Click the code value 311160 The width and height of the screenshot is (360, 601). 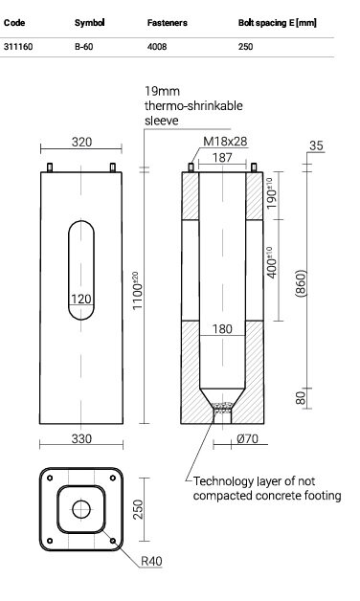pyautogui.click(x=18, y=47)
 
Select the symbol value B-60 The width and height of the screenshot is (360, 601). pyautogui.click(x=83, y=47)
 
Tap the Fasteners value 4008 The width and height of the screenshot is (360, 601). pyautogui.click(x=157, y=47)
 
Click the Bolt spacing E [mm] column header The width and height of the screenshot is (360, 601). pyautogui.click(x=278, y=23)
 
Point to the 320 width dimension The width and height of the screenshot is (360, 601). pyautogui.click(x=81, y=142)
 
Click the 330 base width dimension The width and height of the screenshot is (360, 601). pyautogui.click(x=81, y=438)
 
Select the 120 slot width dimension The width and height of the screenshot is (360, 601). pyautogui.click(x=81, y=299)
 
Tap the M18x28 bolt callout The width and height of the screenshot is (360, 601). pyautogui.click(x=225, y=141)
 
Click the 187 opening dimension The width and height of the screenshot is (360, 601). pyautogui.click(x=222, y=157)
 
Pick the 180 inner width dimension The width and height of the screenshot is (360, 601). pyautogui.click(x=222, y=329)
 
